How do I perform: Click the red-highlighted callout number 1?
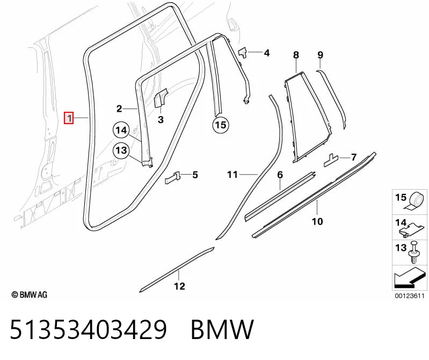coord(69,118)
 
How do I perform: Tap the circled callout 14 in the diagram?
coord(121,130)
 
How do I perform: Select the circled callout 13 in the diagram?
coord(121,150)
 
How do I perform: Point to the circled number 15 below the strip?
coord(221,125)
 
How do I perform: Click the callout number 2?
coord(119,109)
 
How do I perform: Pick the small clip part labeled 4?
coord(243,53)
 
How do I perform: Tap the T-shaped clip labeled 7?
coord(331,160)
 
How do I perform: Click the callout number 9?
coord(321,55)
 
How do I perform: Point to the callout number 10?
coord(317,221)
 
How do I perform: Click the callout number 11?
coord(232,175)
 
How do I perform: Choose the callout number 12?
coord(179,286)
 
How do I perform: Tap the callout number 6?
coord(280,175)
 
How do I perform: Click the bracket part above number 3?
coord(161,98)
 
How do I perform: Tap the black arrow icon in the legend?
coord(409,277)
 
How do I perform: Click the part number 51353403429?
coord(88,329)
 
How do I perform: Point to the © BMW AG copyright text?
coord(30,294)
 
